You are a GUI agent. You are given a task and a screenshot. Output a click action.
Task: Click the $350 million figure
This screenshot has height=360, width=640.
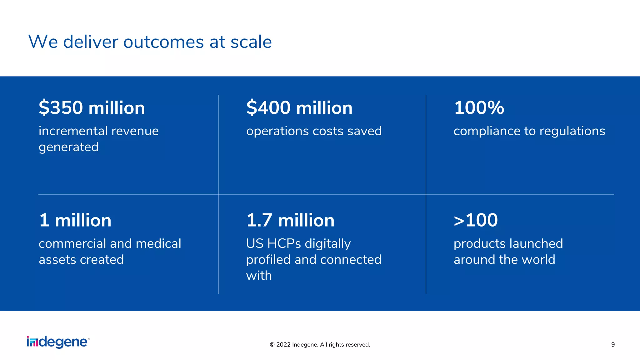tap(92, 108)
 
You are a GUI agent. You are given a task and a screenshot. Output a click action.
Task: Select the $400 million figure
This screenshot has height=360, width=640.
tap(299, 108)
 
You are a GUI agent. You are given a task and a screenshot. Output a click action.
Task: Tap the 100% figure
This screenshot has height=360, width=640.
tap(479, 108)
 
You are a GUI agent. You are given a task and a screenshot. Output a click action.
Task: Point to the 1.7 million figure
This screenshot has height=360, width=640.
tap(290, 220)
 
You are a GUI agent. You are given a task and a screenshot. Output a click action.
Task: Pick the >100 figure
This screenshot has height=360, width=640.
tap(475, 220)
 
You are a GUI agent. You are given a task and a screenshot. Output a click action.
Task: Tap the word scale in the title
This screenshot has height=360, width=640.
tap(251, 42)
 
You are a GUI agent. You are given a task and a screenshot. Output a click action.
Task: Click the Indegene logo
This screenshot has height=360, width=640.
tap(58, 342)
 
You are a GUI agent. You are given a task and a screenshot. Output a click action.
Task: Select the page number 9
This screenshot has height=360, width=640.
tap(613, 345)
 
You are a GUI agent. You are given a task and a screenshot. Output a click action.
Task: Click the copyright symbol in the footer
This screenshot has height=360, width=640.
tap(272, 345)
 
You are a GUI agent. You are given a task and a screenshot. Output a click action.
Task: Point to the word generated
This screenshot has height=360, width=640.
tap(68, 147)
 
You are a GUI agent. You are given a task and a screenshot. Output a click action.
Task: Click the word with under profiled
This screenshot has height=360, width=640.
tap(259, 276)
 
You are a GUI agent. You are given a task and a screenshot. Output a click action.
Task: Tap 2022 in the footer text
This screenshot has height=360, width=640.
tap(283, 345)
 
